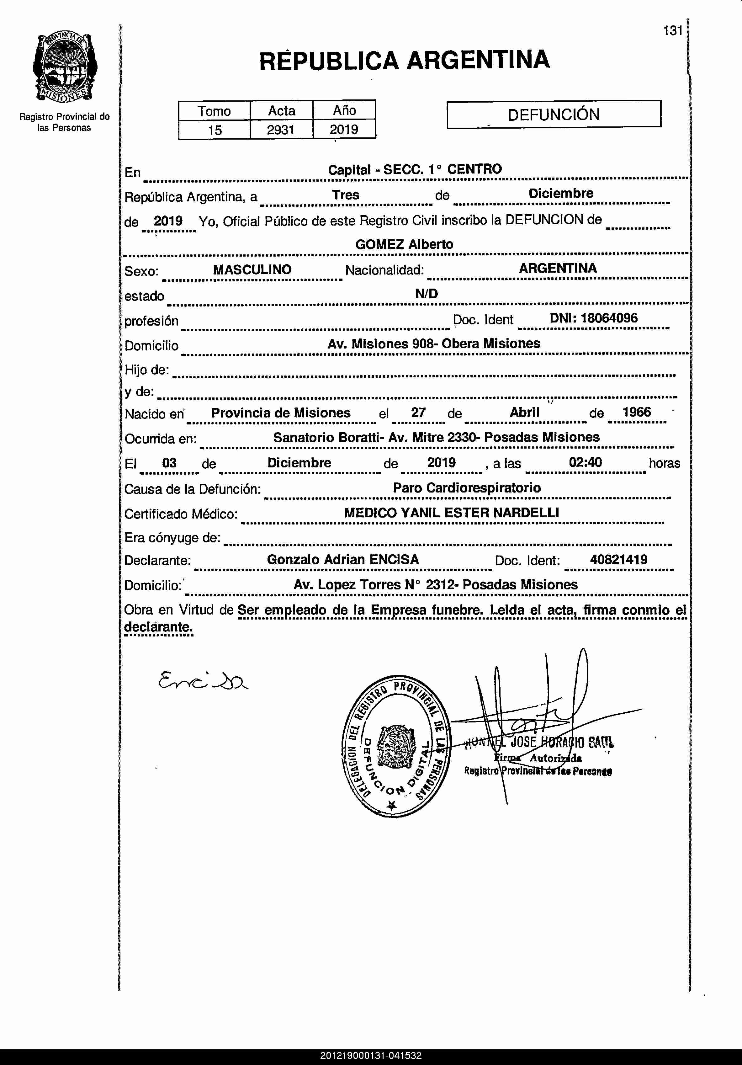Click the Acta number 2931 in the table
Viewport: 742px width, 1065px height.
pos(281,130)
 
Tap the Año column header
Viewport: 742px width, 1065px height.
pos(344,110)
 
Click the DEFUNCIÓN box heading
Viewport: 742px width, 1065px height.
pos(554,114)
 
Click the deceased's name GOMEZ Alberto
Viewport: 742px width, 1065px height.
pos(404,244)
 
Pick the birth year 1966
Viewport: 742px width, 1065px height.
pos(636,412)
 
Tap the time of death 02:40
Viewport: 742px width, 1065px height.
pos(585,462)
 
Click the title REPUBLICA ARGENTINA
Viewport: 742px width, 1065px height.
pos(404,60)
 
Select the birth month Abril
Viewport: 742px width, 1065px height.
pos(524,412)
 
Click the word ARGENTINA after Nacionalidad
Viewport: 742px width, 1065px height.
pos(557,268)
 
